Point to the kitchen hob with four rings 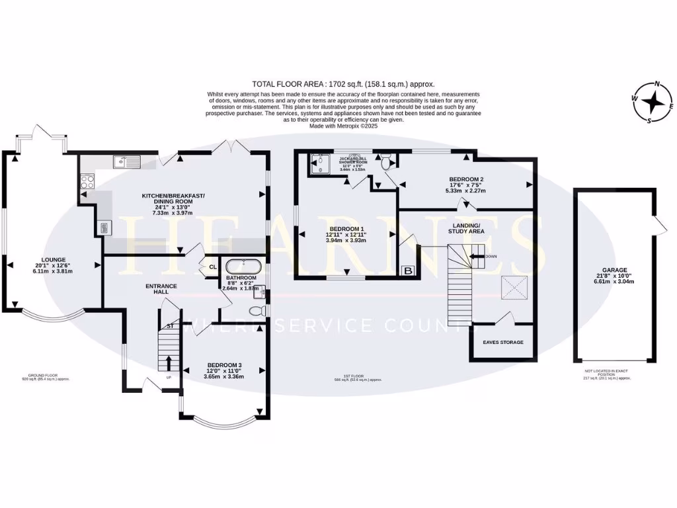tap(87, 181)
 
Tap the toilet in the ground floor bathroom tap(259, 310)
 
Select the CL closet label tap(212, 267)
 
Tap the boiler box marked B tap(409, 271)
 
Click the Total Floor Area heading tap(343, 84)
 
